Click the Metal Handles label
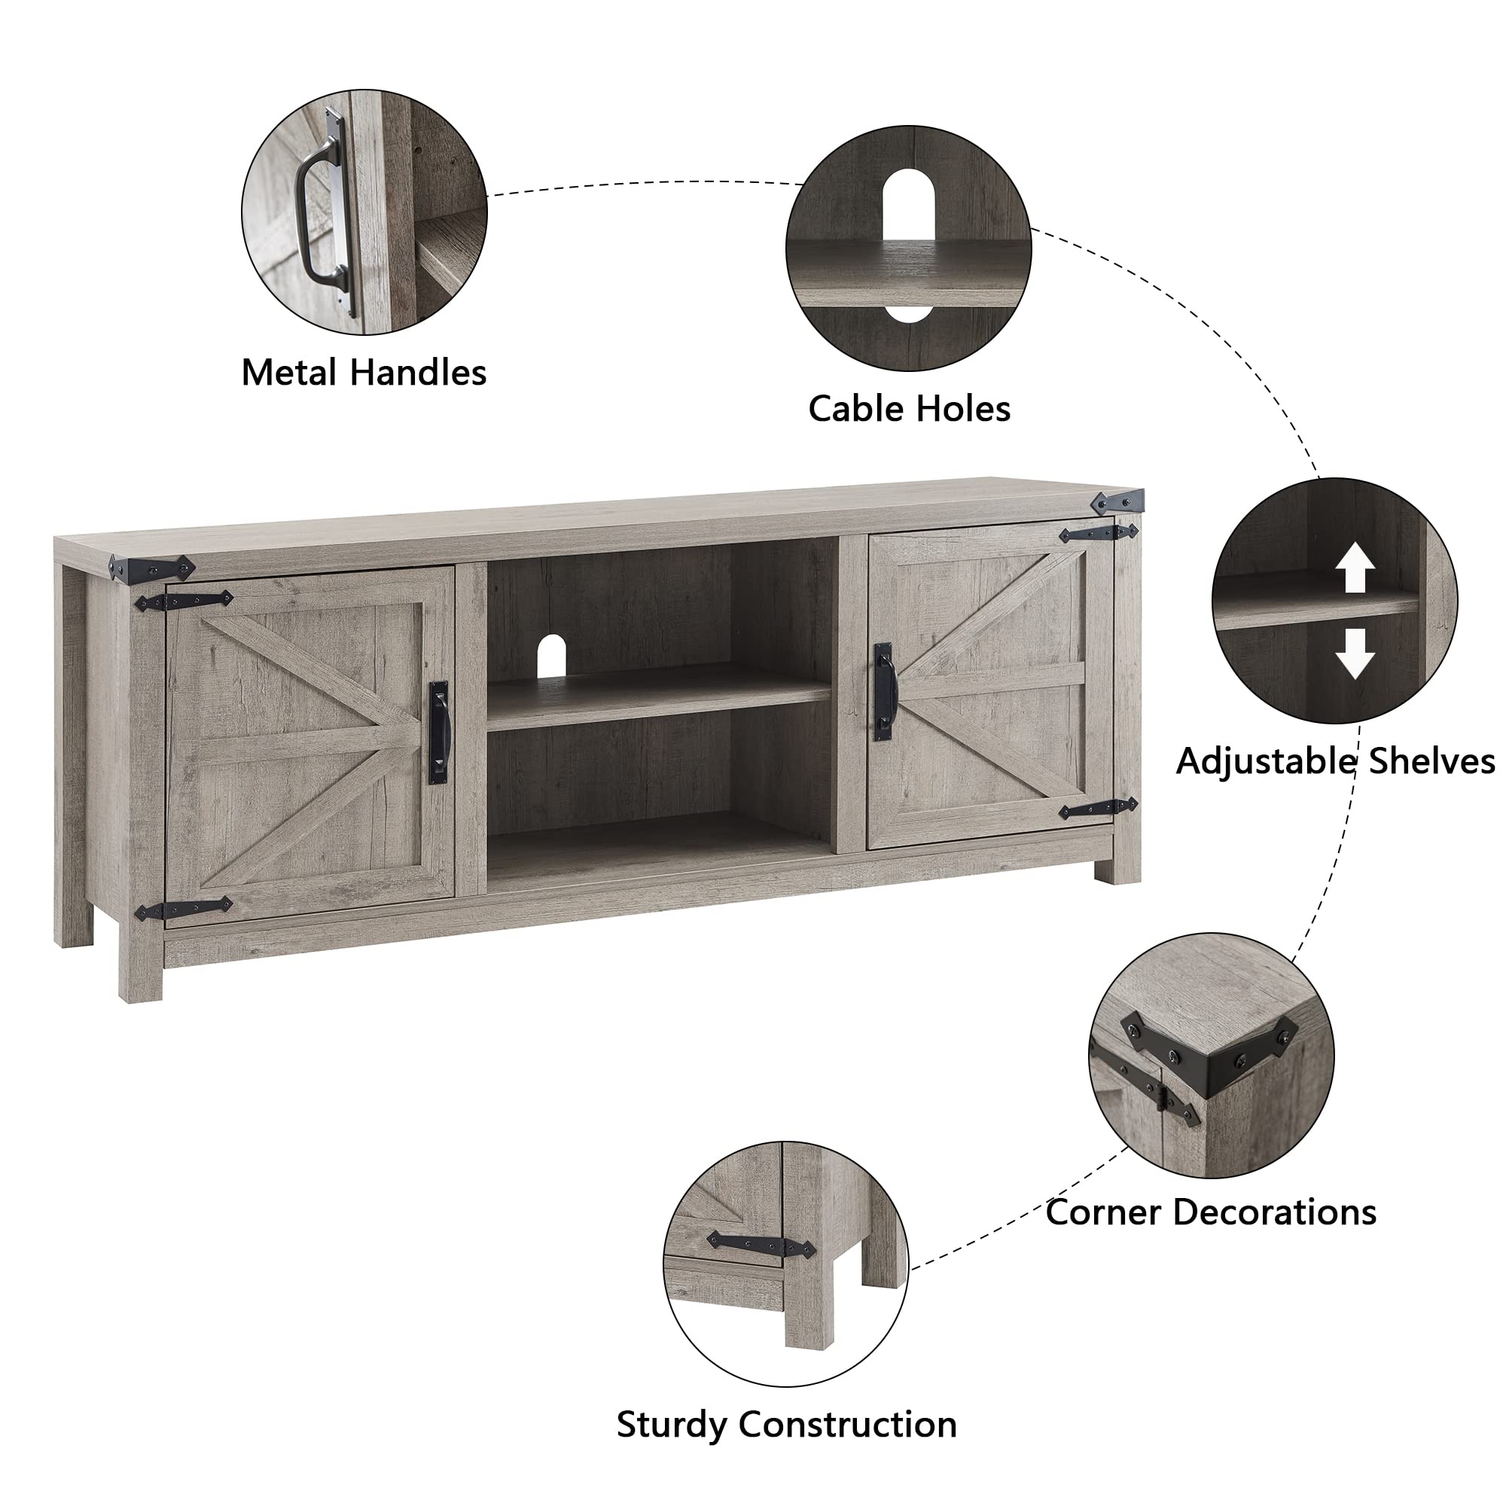(363, 373)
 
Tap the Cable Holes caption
(909, 408)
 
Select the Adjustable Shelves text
(1335, 761)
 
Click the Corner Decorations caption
(1211, 1212)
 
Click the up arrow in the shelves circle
(1355, 567)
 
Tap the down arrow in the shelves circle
(1355, 653)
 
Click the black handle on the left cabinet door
(439, 732)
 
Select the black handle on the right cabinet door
(883, 691)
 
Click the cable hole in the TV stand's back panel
(551, 655)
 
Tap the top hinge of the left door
(184, 601)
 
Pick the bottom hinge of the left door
(184, 909)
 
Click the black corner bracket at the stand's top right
(1117, 501)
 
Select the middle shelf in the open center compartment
(659, 698)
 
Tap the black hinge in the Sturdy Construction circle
(760, 1245)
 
